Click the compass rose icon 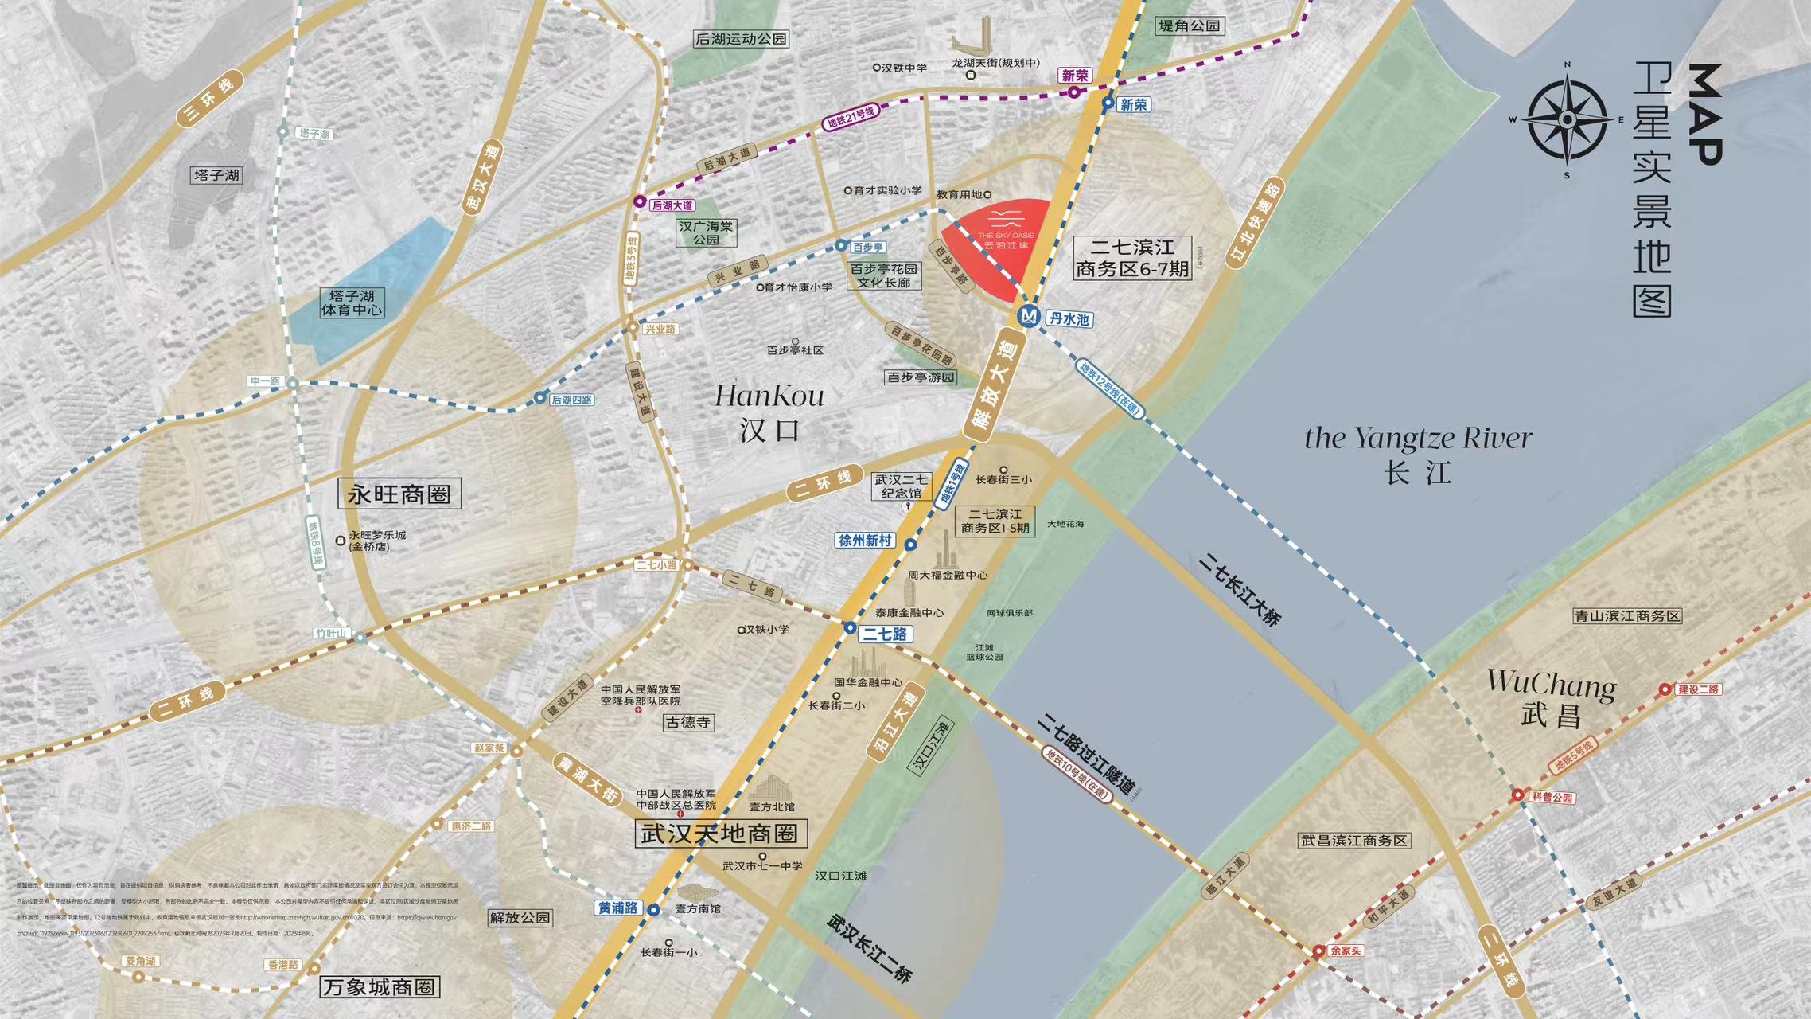click(1566, 120)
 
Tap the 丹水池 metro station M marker click(1029, 317)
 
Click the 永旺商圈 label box click(399, 494)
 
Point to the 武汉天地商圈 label click(720, 834)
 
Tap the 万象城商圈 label click(380, 987)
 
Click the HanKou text click(769, 396)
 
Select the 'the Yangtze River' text click(1418, 438)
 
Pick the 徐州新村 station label click(865, 541)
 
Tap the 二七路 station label click(885, 634)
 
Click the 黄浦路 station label click(618, 908)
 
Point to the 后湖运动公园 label click(741, 39)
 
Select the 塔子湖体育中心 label click(352, 303)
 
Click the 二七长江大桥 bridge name click(1240, 589)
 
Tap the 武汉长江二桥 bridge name click(869, 947)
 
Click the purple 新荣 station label click(1074, 76)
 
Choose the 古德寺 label click(688, 723)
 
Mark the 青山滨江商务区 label click(1627, 616)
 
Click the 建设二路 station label click(1698, 689)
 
